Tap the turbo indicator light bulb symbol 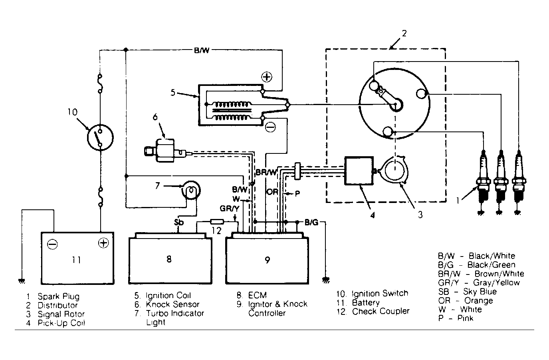click(x=191, y=190)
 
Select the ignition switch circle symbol click(x=100, y=137)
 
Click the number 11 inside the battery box click(x=76, y=260)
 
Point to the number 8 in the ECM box click(x=169, y=259)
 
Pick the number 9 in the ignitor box click(x=268, y=260)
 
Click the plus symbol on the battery click(x=103, y=243)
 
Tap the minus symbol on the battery click(x=52, y=244)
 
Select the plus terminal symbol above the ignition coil click(x=267, y=77)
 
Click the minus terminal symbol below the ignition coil click(x=270, y=127)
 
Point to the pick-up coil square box click(x=359, y=171)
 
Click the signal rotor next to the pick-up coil click(x=394, y=170)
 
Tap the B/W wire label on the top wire click(x=202, y=50)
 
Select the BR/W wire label click(x=266, y=173)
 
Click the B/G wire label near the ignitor click(x=311, y=223)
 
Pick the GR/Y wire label click(x=230, y=209)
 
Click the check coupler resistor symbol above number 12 click(x=217, y=222)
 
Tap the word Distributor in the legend click(x=57, y=305)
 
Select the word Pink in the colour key click(x=465, y=318)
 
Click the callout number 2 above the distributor click(x=404, y=33)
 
